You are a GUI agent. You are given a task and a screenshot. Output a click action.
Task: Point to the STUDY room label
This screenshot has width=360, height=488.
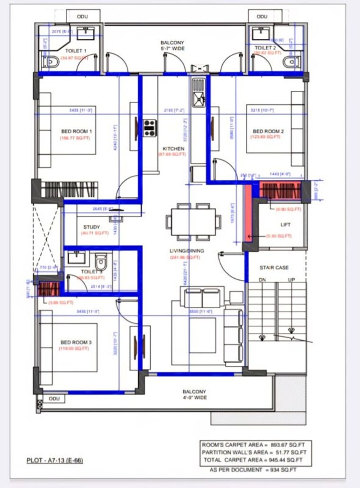[91, 227]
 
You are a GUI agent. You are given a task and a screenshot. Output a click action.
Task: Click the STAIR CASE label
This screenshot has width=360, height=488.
[274, 268]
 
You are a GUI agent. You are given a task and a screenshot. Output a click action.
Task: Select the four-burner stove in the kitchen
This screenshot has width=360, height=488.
[150, 128]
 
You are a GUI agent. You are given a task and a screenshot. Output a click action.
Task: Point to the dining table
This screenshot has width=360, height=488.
[193, 221]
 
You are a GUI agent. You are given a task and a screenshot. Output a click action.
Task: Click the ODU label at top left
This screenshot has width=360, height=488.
[82, 17]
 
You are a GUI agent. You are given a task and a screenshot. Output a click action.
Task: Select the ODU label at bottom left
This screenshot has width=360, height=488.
[54, 399]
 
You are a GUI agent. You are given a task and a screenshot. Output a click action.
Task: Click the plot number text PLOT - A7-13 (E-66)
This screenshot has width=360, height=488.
[55, 460]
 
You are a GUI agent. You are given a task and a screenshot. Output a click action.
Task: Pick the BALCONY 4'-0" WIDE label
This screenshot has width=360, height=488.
[194, 395]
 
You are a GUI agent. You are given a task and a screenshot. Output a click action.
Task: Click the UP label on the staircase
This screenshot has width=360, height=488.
[291, 280]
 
